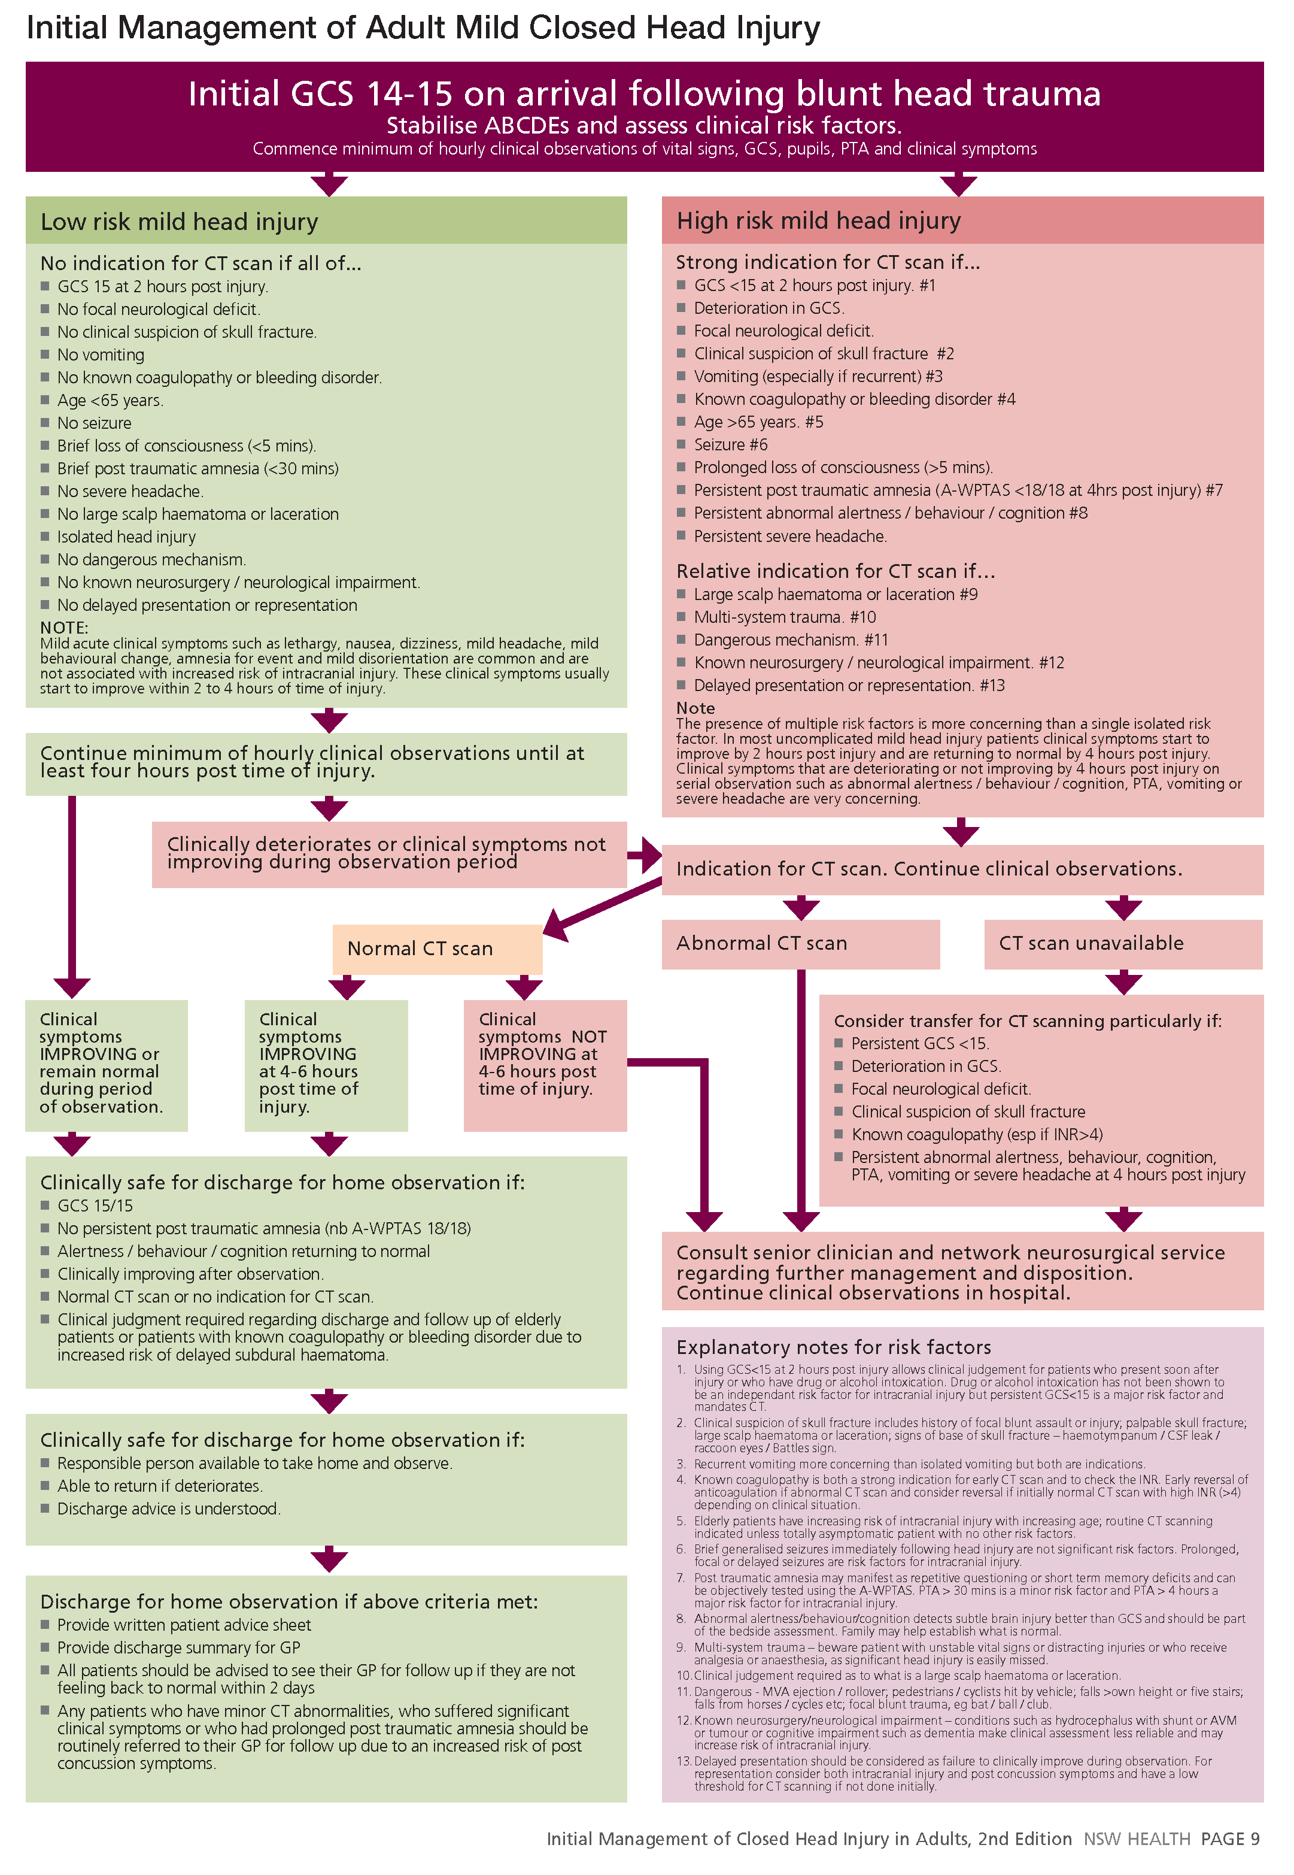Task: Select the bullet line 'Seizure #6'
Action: point(730,444)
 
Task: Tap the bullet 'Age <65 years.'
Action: point(110,401)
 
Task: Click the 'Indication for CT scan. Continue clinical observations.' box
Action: point(929,870)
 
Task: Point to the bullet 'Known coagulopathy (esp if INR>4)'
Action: point(976,1135)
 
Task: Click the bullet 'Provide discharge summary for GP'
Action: point(178,1648)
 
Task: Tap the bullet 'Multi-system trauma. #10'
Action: point(784,617)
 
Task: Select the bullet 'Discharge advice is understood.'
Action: point(169,1509)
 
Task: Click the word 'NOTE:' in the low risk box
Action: point(64,628)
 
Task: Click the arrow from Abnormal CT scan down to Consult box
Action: point(800,1095)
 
